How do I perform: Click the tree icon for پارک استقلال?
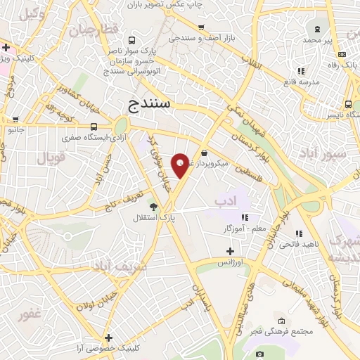[153, 206]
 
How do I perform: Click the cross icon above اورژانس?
[230, 251]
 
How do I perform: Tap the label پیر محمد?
[317, 41]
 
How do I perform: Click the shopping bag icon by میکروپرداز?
[204, 153]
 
